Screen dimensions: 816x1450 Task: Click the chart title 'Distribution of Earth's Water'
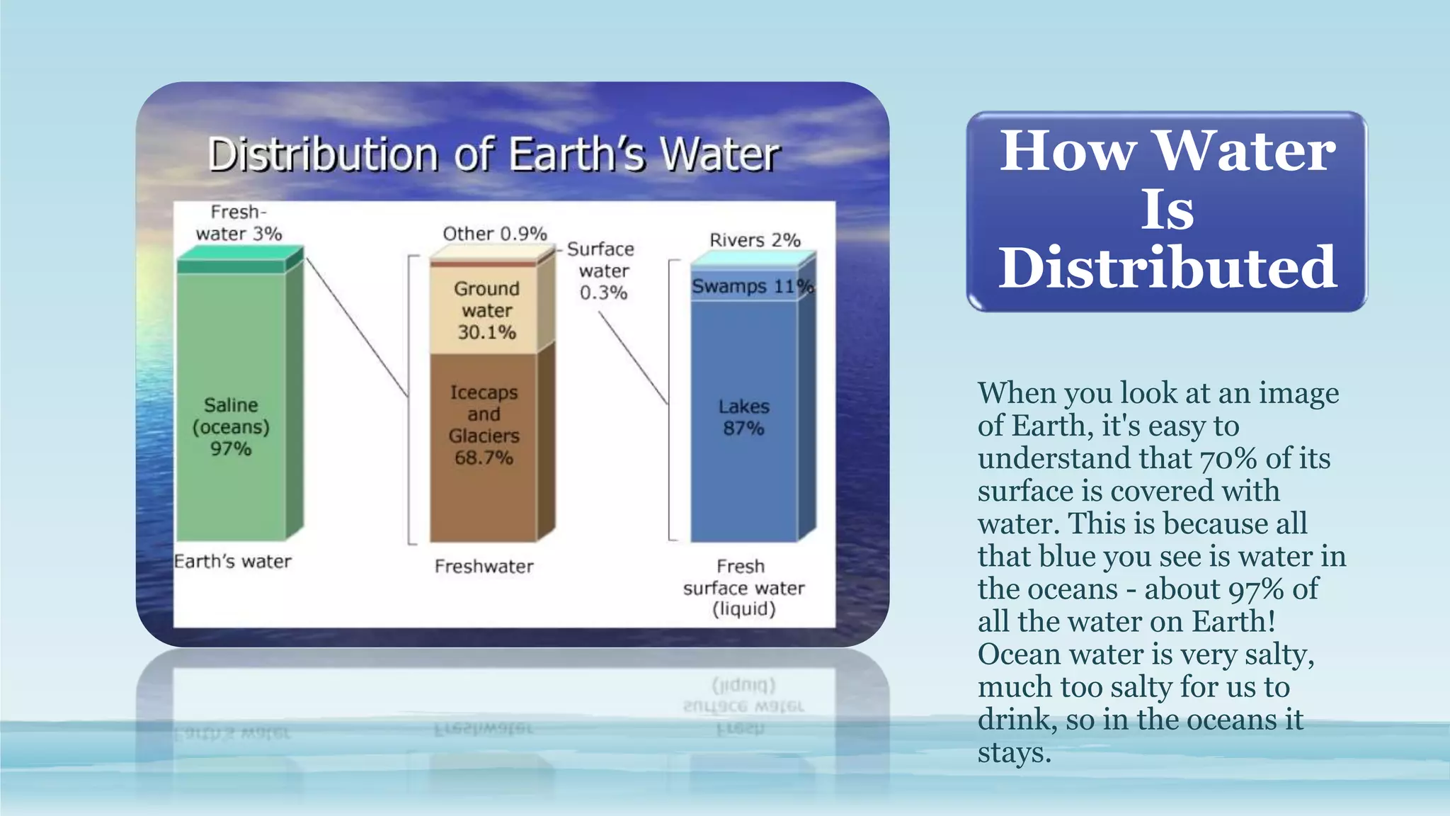[x=493, y=154]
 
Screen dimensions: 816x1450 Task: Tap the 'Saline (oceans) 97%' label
[x=231, y=426]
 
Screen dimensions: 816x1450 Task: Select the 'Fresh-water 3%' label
[x=239, y=222]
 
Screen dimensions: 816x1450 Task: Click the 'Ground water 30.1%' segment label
[x=486, y=310]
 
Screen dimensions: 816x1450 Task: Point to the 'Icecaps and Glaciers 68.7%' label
[x=484, y=425]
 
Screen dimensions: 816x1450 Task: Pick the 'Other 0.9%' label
[x=494, y=234]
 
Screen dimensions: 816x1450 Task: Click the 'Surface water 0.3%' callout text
[x=603, y=271]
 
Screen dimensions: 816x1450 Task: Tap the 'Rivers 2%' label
[x=755, y=240]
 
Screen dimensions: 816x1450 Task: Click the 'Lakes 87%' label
[x=743, y=417]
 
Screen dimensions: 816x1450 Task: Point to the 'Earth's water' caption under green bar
[x=232, y=562]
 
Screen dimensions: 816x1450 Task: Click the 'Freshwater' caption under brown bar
[x=484, y=567]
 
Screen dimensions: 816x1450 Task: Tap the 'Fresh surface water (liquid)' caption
[x=743, y=588]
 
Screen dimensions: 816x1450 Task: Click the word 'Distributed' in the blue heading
[x=1167, y=268]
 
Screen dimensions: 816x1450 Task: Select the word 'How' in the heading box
[x=1068, y=152]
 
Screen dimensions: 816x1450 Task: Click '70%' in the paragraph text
[x=1228, y=459]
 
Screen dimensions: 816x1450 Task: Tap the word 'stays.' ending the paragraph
[x=1014, y=752]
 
